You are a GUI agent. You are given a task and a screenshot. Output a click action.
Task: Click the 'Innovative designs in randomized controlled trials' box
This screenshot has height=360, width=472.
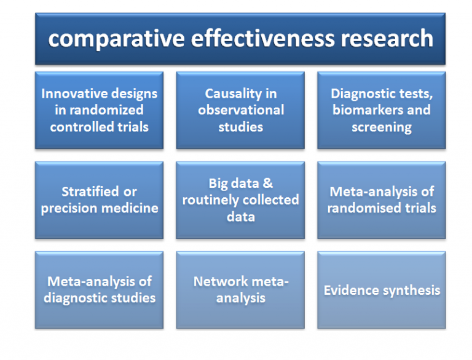point(99,111)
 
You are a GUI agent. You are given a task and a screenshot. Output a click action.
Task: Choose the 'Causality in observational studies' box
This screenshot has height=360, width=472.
point(240,111)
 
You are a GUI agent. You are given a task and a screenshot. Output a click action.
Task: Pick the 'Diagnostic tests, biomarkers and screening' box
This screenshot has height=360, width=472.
point(381,111)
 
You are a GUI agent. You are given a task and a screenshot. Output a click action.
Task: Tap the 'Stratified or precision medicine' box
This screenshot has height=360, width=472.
point(99,200)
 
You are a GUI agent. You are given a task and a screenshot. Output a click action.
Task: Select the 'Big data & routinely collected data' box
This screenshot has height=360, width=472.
point(240,200)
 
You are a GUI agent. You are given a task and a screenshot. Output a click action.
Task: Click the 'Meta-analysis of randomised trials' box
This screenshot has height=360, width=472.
point(381,200)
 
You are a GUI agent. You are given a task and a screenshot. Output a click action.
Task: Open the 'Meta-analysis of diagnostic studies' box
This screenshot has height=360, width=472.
point(99,290)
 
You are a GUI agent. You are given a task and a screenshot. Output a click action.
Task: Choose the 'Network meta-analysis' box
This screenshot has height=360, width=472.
point(240,290)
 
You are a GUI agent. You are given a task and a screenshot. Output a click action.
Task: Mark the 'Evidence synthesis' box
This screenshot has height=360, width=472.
point(381,290)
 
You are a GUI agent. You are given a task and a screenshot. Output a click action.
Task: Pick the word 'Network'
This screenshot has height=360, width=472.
point(220,281)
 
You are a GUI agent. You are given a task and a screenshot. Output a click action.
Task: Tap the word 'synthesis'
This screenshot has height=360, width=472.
point(411,290)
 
